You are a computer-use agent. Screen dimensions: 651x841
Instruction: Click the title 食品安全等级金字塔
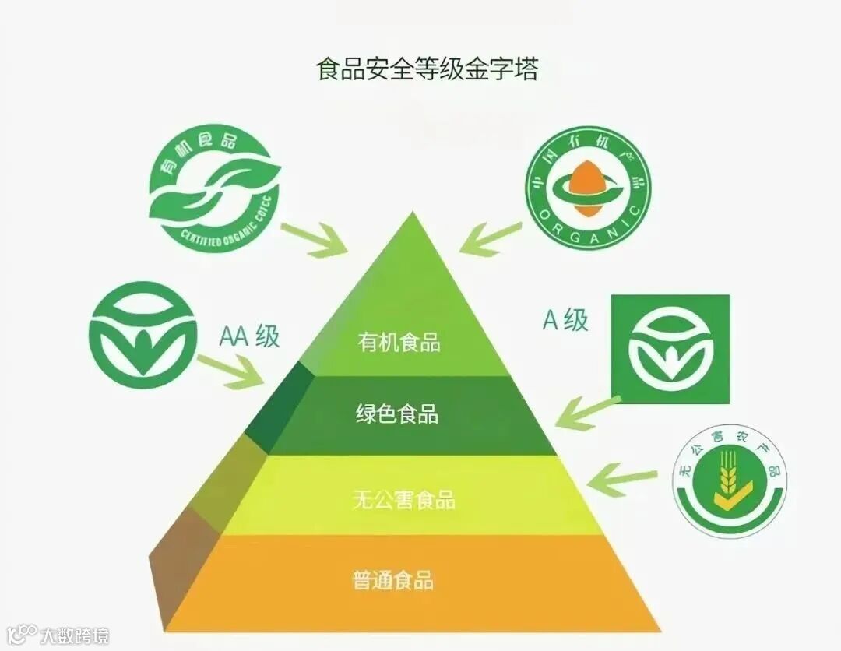(427, 69)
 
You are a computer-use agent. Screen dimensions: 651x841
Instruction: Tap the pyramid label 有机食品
(399, 342)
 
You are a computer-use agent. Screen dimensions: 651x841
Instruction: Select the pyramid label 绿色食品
(397, 413)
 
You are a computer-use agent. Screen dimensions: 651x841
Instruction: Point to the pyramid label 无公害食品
(403, 499)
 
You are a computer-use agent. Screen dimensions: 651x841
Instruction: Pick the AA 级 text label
(249, 337)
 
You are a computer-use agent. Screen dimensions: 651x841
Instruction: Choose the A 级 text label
(565, 319)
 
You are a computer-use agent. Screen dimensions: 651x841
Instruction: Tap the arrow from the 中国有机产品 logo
(490, 237)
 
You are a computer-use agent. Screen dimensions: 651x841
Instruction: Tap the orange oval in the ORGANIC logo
(586, 183)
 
